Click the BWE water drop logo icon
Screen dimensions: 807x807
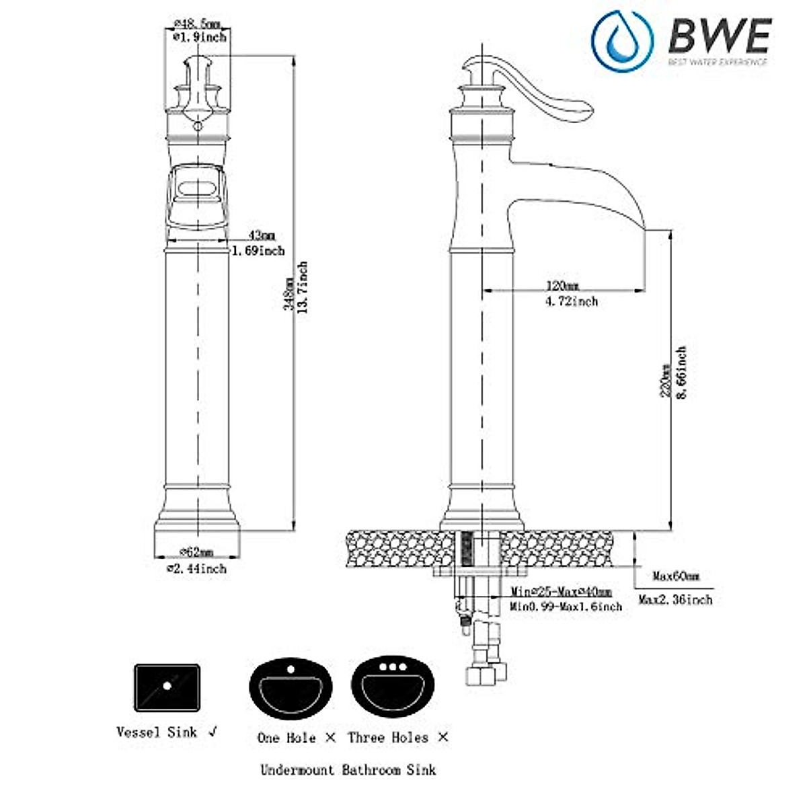[x=622, y=42]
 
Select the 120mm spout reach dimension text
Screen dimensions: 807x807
[x=562, y=284]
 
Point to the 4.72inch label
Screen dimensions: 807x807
[x=570, y=301]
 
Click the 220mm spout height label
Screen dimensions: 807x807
[x=666, y=381]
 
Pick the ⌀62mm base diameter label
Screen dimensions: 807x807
[x=196, y=552]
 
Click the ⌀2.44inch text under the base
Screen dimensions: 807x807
[x=196, y=569]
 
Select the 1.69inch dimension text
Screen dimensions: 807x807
[x=258, y=251]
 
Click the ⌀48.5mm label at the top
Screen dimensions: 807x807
[x=196, y=24]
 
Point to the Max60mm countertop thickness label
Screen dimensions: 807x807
[x=676, y=576]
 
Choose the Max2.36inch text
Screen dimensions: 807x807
[x=675, y=599]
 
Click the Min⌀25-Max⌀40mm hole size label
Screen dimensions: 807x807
[x=561, y=592]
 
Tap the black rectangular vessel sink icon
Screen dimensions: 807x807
[x=167, y=687]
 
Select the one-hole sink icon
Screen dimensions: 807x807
[x=291, y=690]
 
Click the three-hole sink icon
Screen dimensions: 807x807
[x=393, y=690]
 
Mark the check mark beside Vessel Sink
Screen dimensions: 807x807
[x=213, y=732]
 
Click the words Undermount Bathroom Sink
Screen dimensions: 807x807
[x=348, y=770]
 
